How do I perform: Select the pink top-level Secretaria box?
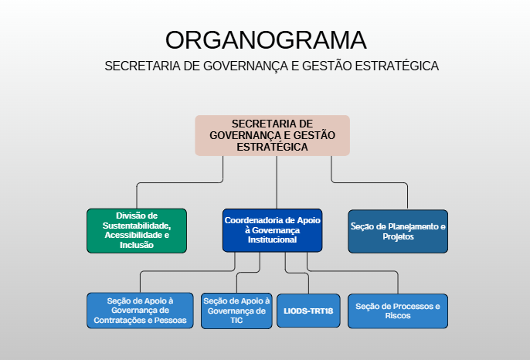tap(272, 135)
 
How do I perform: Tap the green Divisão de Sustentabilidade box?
tap(137, 230)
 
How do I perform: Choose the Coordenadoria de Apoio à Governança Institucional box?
tap(272, 230)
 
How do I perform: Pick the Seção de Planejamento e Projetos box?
tap(398, 231)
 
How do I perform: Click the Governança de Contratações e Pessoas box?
tap(140, 310)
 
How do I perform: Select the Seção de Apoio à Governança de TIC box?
tap(236, 310)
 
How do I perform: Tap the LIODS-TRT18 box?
tap(307, 311)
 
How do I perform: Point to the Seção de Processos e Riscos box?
tap(398, 311)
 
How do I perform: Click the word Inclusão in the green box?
tap(137, 245)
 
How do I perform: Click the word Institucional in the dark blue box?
tap(273, 240)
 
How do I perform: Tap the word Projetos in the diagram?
tap(398, 237)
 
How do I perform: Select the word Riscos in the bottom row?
tap(398, 316)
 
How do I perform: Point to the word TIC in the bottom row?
tap(236, 321)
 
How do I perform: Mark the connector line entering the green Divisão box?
tap(137, 196)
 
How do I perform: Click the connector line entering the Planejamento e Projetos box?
tap(408, 196)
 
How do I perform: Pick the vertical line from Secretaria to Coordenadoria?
tap(277, 182)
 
